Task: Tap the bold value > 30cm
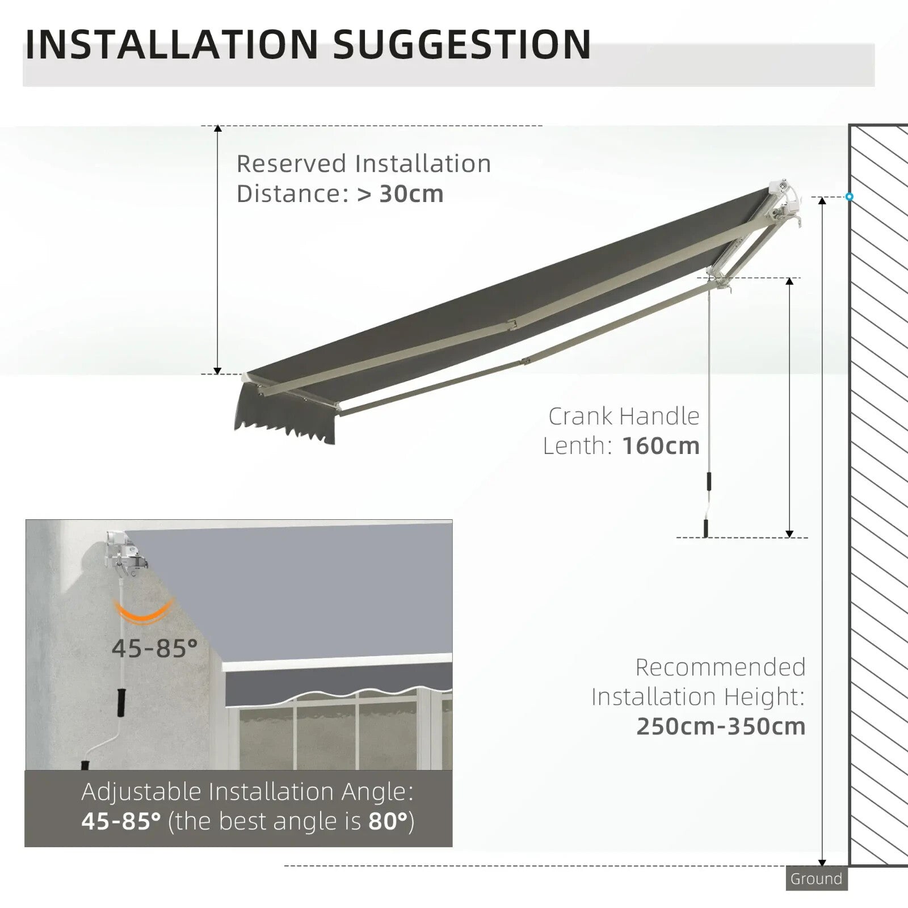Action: click(x=400, y=194)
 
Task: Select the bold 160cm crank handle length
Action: click(x=661, y=446)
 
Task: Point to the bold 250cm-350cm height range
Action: click(x=721, y=726)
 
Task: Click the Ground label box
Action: click(x=816, y=879)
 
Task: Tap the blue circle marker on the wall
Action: click(x=849, y=197)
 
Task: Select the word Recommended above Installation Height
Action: click(x=720, y=667)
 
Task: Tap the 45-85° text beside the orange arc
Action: click(x=154, y=648)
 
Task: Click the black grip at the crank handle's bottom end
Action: click(x=706, y=528)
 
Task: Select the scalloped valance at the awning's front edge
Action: click(x=284, y=423)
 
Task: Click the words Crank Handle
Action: click(x=624, y=417)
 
